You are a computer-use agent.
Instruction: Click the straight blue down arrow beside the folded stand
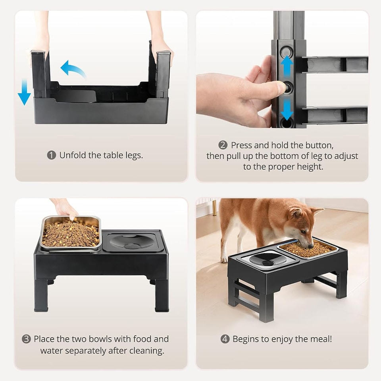[24, 92]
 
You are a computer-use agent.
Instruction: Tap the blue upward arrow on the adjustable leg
[286, 66]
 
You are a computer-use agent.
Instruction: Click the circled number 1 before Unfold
[52, 155]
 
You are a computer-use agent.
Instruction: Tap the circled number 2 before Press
[223, 145]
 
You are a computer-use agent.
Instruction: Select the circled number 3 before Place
[26, 339]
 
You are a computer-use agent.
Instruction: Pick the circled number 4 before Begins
[225, 339]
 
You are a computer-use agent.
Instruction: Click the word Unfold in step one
[73, 155]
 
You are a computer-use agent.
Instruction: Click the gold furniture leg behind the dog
[214, 207]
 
